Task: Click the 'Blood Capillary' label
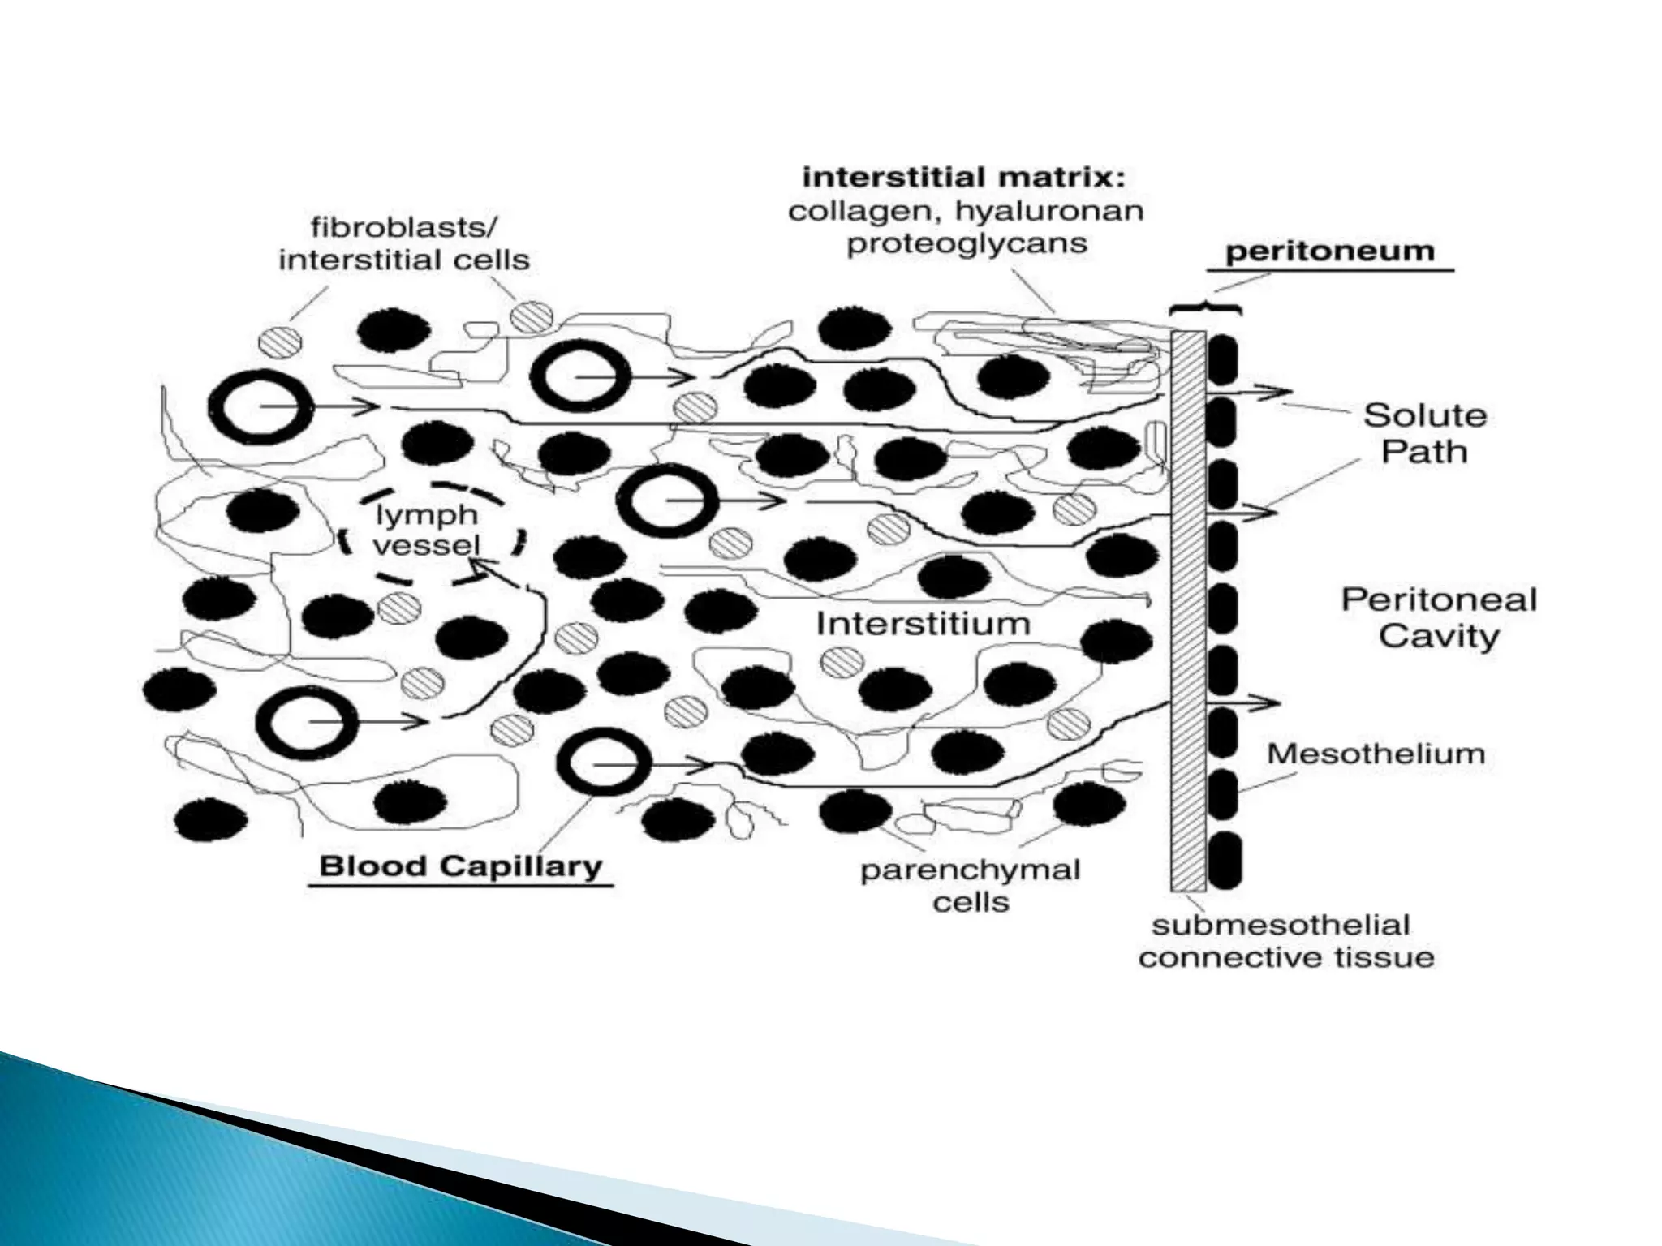click(460, 866)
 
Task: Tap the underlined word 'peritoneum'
click(1329, 251)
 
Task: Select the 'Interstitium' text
click(923, 624)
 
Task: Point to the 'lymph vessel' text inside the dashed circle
click(427, 530)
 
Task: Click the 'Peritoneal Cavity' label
click(1438, 618)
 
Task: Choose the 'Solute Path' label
click(1424, 433)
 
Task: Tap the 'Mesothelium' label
click(1376, 754)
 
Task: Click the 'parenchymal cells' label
click(971, 886)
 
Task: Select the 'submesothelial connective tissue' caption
click(1286, 942)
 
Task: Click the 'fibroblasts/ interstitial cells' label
click(403, 243)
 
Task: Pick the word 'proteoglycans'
click(967, 243)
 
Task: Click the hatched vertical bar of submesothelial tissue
click(1188, 608)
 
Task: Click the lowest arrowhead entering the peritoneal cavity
click(1266, 702)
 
